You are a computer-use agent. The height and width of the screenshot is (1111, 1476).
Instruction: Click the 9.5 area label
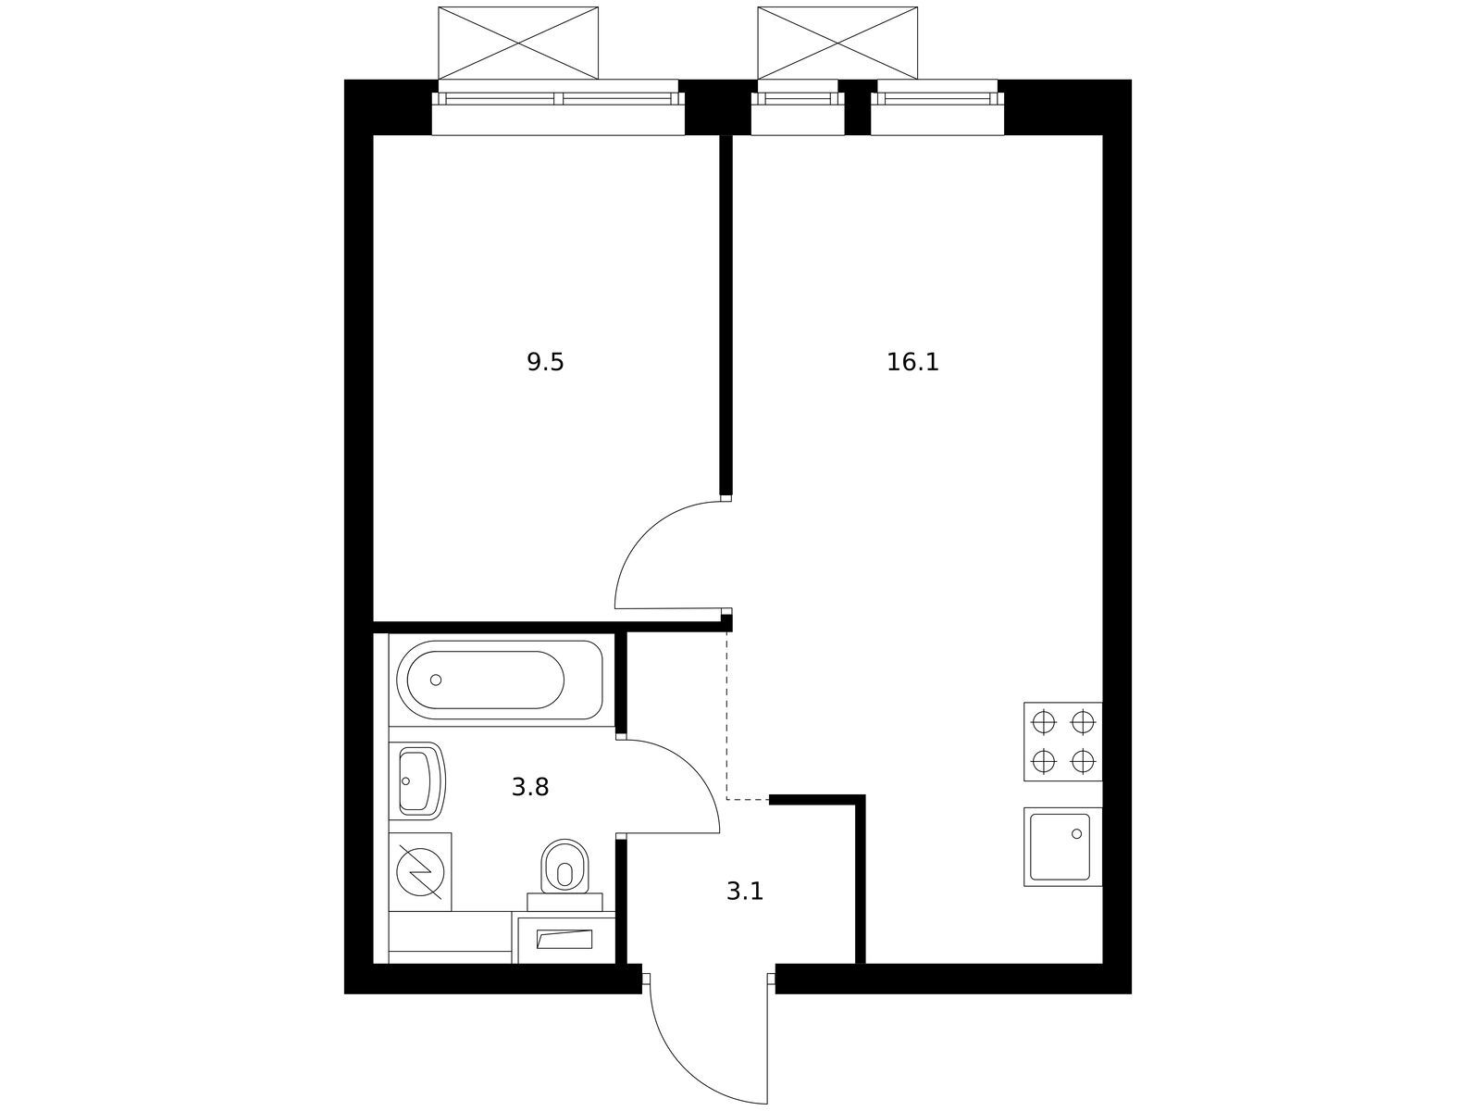[545, 363]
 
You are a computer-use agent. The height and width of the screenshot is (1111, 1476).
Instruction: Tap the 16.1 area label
[912, 363]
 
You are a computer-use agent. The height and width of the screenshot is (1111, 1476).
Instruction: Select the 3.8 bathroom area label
[530, 787]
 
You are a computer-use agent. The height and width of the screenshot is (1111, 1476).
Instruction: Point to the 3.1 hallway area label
[745, 892]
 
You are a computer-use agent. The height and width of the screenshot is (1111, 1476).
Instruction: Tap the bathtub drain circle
[436, 680]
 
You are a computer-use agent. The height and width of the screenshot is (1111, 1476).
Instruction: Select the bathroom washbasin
[417, 780]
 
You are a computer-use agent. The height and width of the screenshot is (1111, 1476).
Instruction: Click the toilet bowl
[564, 868]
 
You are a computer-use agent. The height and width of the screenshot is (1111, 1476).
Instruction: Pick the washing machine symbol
[420, 871]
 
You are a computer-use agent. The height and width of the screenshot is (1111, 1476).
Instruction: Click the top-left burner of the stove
[1043, 723]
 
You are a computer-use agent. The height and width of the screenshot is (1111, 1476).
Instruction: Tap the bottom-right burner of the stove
[1083, 761]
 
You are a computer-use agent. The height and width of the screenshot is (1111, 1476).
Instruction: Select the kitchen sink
[1062, 847]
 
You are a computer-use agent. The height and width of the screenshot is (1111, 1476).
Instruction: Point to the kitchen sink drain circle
[1076, 834]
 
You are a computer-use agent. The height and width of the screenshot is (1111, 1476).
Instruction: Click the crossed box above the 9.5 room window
[518, 43]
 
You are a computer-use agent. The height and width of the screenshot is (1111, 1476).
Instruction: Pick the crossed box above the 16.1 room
[837, 43]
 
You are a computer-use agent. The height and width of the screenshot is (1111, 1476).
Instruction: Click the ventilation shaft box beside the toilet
[564, 939]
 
